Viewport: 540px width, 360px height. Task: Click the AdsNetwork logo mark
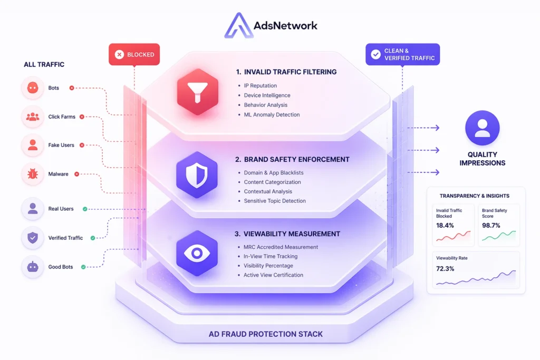(x=236, y=25)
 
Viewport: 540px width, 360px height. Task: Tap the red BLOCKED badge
(x=134, y=54)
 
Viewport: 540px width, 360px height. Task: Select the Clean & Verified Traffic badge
(x=402, y=54)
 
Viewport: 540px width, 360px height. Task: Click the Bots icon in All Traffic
(x=33, y=88)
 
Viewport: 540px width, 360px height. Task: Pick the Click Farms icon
(x=33, y=116)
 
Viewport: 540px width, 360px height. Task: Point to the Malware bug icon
(x=33, y=174)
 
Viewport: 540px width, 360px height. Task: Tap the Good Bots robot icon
(x=33, y=267)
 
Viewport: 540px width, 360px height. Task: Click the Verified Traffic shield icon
(x=33, y=238)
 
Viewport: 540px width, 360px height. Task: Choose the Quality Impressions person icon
(x=482, y=128)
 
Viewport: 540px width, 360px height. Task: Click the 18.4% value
(x=445, y=225)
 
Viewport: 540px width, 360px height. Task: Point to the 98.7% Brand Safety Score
(x=491, y=225)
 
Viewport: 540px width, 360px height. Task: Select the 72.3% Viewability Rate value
(x=445, y=269)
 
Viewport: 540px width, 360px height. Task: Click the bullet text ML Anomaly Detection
(x=272, y=114)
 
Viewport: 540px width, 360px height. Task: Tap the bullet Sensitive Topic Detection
(x=275, y=201)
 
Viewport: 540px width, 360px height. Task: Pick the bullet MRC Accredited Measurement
(x=281, y=247)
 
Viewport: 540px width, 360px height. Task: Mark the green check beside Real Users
(x=85, y=209)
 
